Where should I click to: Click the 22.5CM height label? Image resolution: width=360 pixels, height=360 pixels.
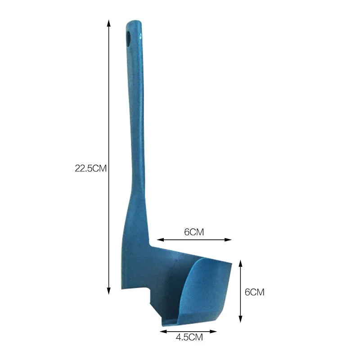point(90,169)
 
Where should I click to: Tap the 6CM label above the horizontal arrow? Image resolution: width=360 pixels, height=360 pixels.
point(194,232)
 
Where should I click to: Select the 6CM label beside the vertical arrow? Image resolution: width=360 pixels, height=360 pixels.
point(254,292)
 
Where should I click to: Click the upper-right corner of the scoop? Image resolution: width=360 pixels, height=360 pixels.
point(230,262)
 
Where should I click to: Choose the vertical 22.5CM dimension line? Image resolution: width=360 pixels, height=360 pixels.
point(108,112)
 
